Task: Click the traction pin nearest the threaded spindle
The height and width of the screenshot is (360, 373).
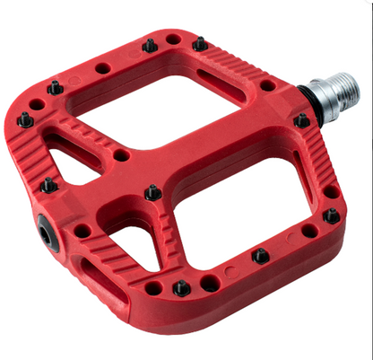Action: click(x=302, y=120)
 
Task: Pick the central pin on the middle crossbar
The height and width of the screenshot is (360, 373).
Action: click(x=152, y=193)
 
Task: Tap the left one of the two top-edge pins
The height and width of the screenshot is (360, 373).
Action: click(x=149, y=44)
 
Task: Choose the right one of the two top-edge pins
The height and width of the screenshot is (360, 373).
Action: click(x=200, y=44)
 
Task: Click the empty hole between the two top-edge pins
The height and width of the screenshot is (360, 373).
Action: click(x=173, y=40)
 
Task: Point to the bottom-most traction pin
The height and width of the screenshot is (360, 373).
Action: click(x=181, y=288)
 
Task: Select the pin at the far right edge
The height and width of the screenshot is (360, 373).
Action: click(x=332, y=215)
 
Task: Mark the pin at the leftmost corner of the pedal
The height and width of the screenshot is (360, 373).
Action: click(x=26, y=119)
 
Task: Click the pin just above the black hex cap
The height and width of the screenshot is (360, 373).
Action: click(x=48, y=186)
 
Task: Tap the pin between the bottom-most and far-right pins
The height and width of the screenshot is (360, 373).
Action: click(x=260, y=256)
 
